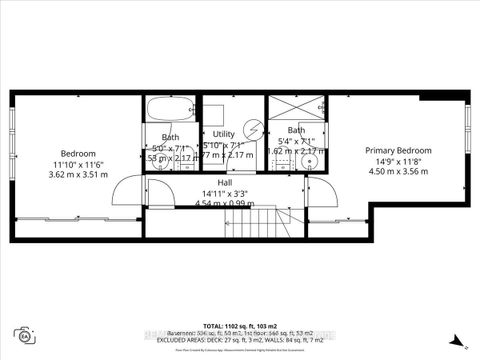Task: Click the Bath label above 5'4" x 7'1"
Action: [x=297, y=130]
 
